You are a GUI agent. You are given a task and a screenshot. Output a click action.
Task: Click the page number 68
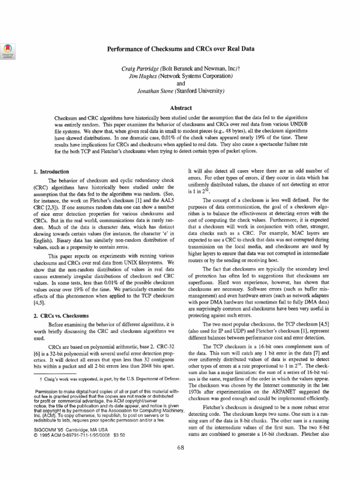click(x=181, y=447)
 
